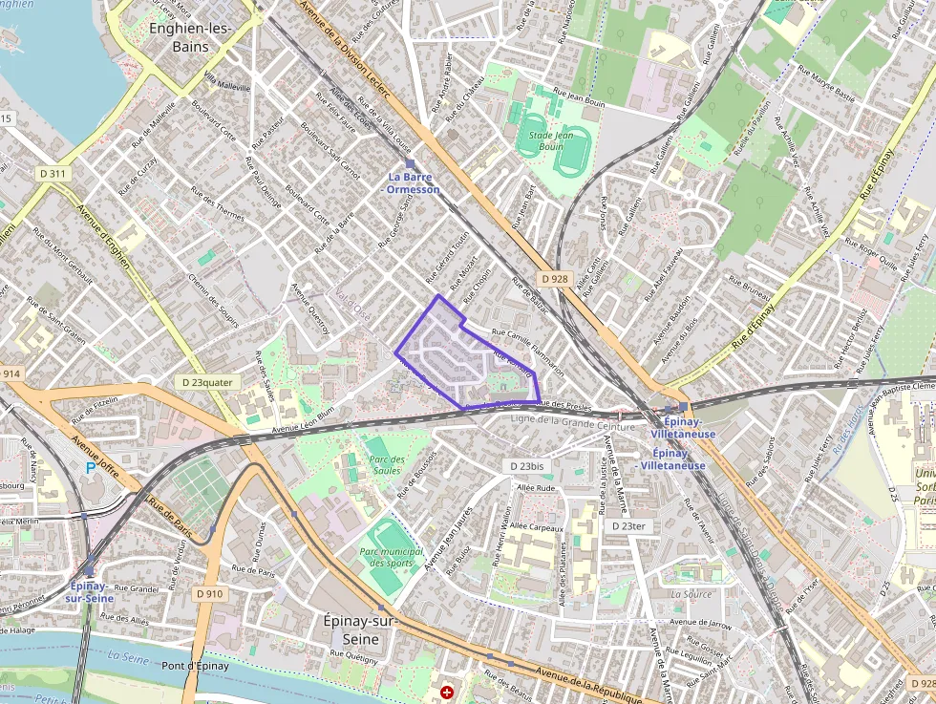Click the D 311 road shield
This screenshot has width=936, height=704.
pos(53,174)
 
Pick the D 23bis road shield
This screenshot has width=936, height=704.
pos(527,466)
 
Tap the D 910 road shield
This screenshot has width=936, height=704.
pos(209,593)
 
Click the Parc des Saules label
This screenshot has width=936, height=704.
pos(386,464)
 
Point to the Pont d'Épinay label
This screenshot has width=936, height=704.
pos(195,666)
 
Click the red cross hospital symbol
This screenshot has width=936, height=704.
pos(447,691)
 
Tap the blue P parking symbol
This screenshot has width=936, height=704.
pos(91,467)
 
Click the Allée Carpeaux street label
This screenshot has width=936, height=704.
pos(537,526)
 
